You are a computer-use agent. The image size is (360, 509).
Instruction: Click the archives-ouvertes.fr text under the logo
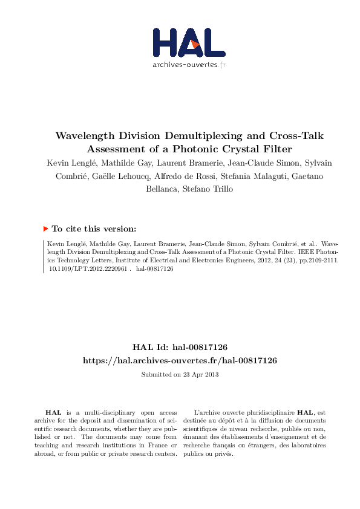[189, 65]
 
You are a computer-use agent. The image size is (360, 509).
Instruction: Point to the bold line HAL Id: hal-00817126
[180, 347]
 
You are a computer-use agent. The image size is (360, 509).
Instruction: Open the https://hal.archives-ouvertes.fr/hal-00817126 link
[180, 360]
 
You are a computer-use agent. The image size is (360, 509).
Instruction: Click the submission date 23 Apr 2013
[200, 374]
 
